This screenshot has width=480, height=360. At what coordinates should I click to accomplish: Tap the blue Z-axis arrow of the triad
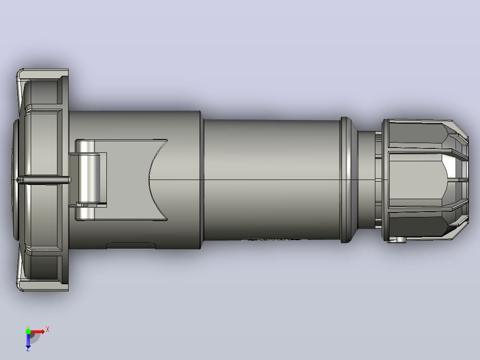pyautogui.click(x=28, y=340)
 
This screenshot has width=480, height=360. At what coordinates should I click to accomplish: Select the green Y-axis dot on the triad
pyautogui.click(x=28, y=331)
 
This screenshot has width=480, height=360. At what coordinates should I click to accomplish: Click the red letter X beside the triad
pyautogui.click(x=48, y=330)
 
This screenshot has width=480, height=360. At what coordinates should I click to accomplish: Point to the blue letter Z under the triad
pyautogui.click(x=28, y=349)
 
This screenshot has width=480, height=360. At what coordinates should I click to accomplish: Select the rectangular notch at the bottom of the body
pyautogui.click(x=131, y=245)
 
